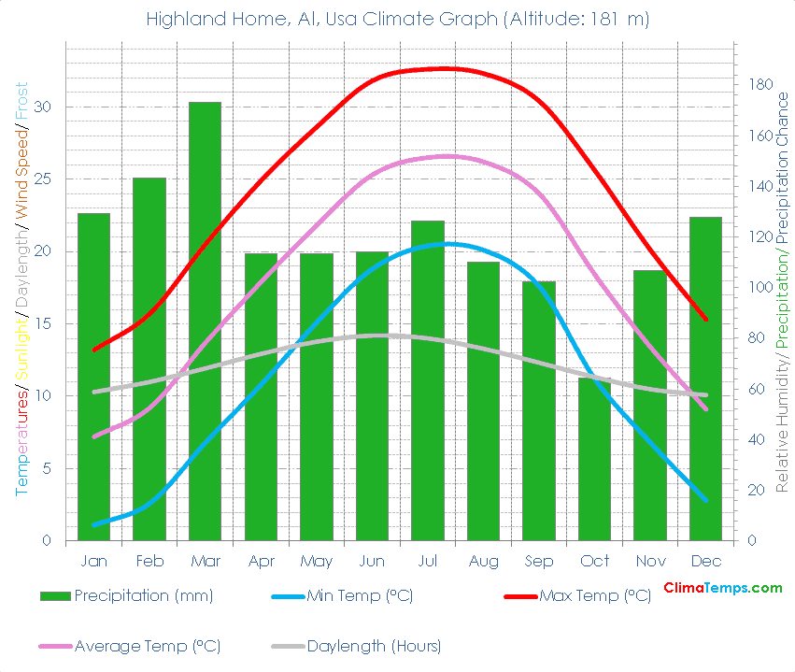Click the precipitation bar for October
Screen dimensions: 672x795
tap(594, 458)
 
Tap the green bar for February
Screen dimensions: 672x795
tap(149, 359)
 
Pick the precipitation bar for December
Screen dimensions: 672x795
tap(705, 379)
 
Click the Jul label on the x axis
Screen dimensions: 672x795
tap(428, 561)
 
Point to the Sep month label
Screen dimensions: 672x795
tap(539, 561)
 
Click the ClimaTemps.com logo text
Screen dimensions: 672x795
tap(722, 588)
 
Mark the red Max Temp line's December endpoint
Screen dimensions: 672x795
tap(705, 319)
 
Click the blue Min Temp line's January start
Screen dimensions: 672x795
tap(94, 525)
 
